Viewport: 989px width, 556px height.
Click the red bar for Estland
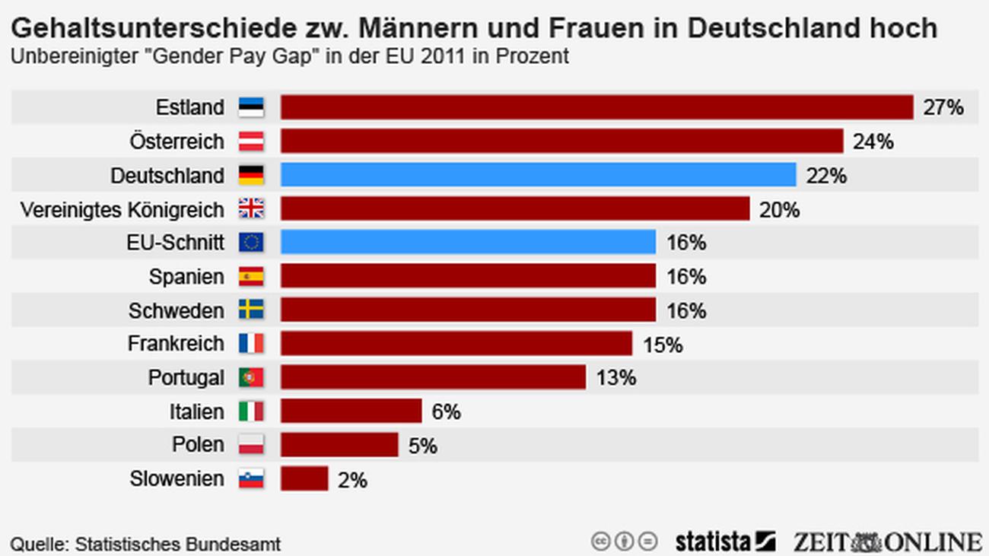click(x=596, y=107)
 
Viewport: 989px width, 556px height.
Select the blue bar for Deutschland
click(x=538, y=175)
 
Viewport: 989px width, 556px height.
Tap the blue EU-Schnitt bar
click(x=468, y=243)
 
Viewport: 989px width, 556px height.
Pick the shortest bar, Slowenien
click(x=304, y=478)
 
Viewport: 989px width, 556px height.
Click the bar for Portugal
click(x=433, y=377)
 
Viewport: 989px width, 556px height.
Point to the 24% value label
click(x=873, y=141)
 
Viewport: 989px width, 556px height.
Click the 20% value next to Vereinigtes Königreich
click(x=779, y=209)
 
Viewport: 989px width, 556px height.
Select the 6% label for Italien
click(x=446, y=411)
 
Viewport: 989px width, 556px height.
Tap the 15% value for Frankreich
click(x=662, y=345)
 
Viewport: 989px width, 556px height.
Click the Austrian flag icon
click(x=251, y=141)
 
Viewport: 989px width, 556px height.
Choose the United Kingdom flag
click(x=251, y=208)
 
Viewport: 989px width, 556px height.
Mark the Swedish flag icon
click(x=251, y=310)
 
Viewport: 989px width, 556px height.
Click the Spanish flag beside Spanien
click(x=251, y=276)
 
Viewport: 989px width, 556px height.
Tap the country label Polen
click(x=199, y=445)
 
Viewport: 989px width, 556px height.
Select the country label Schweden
click(x=176, y=310)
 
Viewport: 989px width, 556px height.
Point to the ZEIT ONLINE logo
click(x=887, y=542)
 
